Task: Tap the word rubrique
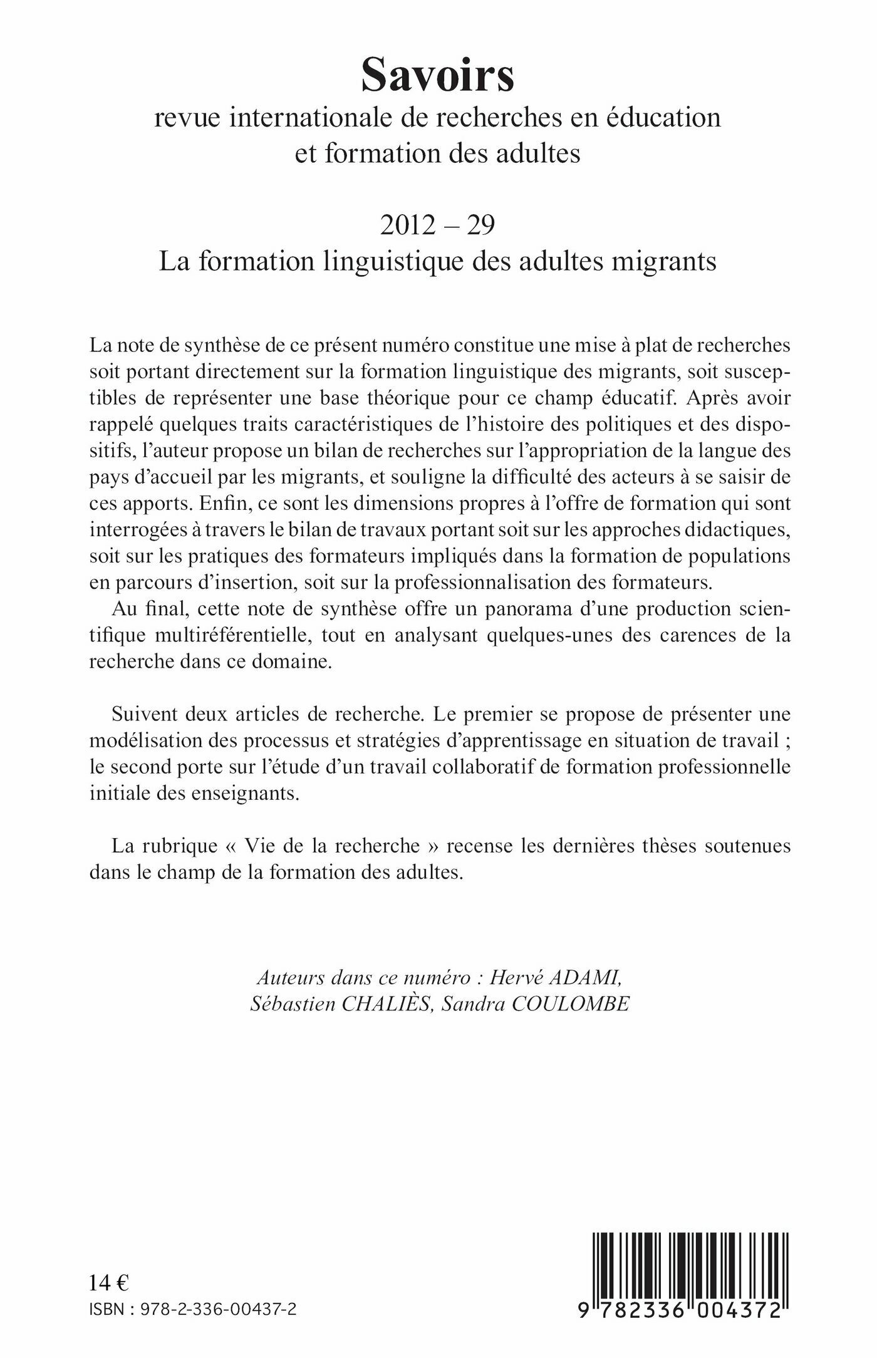coord(180,846)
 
